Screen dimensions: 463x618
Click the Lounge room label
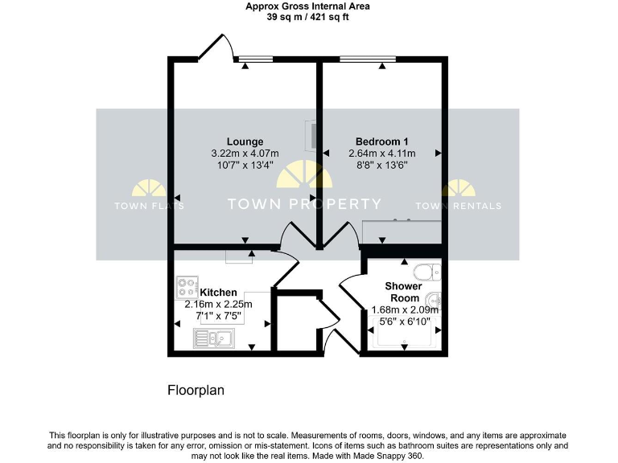point(245,141)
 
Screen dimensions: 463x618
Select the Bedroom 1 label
point(381,141)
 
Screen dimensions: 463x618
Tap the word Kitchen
point(218,292)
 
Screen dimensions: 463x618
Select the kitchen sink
point(213,339)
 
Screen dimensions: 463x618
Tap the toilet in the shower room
point(427,271)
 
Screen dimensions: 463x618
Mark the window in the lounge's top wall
point(253,58)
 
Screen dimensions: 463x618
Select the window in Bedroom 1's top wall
point(368,58)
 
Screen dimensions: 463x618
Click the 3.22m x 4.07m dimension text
point(245,154)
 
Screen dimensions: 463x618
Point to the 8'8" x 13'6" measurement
point(381,165)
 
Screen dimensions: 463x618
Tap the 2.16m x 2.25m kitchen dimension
point(218,304)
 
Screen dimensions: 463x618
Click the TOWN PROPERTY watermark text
point(304,204)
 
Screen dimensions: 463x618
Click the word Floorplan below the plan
point(195,391)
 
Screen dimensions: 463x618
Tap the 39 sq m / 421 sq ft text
point(308,16)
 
